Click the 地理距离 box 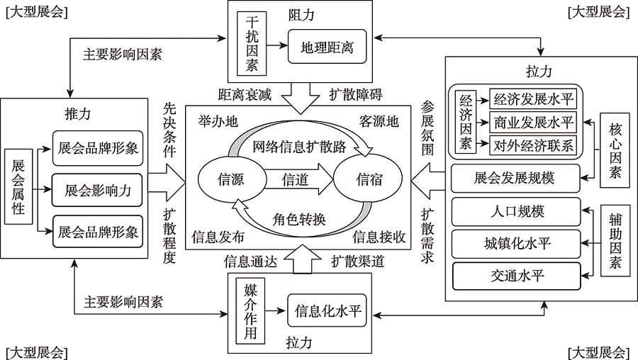coord(328,48)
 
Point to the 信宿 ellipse coord(369,179)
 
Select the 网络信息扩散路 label coord(300,147)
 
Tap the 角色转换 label coord(299,218)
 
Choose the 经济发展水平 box coord(534,99)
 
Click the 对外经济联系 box coord(534,145)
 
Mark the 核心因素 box coord(614,150)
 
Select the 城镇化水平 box coord(517,244)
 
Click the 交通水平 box coord(517,276)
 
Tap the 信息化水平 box coord(328,310)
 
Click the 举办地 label coord(218,122)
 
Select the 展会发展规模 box coord(517,178)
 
